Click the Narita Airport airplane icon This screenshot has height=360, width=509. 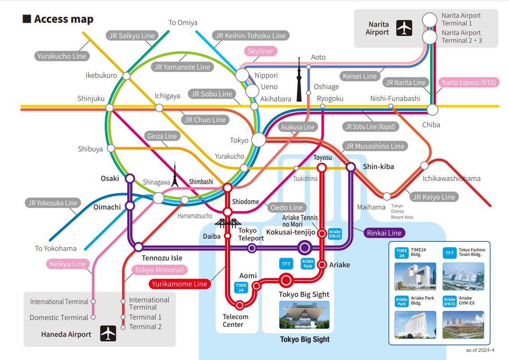click(404, 28)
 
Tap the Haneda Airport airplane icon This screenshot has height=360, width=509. click(108, 334)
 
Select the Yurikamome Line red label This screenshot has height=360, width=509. click(179, 284)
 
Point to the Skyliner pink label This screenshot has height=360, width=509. click(261, 51)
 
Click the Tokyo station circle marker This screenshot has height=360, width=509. click(259, 140)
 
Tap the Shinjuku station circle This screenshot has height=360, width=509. click(109, 108)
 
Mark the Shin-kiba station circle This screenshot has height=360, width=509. click(351, 167)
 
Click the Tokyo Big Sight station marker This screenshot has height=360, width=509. click(286, 280)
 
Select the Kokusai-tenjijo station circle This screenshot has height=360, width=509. click(304, 248)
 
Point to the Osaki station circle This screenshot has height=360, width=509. click(130, 178)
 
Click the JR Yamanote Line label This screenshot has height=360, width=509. click(182, 67)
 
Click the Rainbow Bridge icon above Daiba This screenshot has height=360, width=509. click(228, 223)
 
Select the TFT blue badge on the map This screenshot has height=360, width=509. click(286, 263)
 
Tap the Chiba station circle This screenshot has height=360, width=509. click(433, 110)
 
